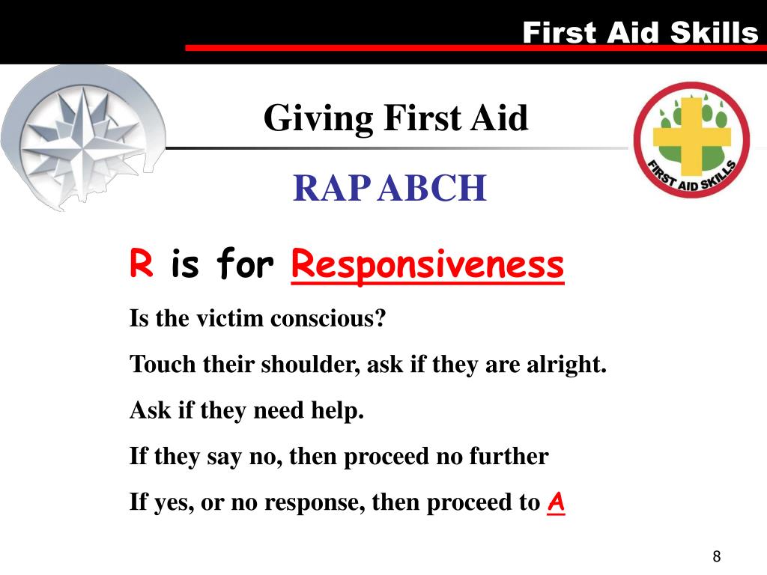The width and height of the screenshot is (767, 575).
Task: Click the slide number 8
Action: [x=717, y=556]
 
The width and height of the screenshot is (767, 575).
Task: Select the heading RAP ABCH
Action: [x=389, y=188]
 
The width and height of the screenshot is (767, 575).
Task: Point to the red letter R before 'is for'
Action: [x=142, y=264]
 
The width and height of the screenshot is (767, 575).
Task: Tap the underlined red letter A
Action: [x=556, y=502]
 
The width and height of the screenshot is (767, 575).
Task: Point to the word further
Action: [x=509, y=456]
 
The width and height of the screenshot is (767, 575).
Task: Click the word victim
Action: [x=230, y=319]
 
